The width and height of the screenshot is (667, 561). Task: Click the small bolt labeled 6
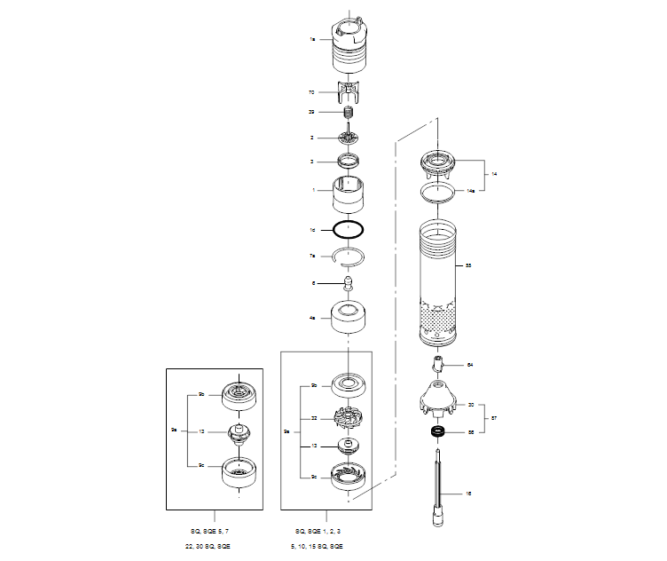[349, 284]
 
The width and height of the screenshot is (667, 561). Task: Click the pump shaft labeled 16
[441, 493]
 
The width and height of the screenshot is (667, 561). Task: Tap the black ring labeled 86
[436, 432]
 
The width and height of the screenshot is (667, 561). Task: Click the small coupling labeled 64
[439, 365]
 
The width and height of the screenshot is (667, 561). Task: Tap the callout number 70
[312, 91]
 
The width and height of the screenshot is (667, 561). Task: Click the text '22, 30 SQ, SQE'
[215, 544]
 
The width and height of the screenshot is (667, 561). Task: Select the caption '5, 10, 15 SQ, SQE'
[326, 544]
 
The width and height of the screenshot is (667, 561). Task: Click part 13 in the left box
[237, 432]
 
